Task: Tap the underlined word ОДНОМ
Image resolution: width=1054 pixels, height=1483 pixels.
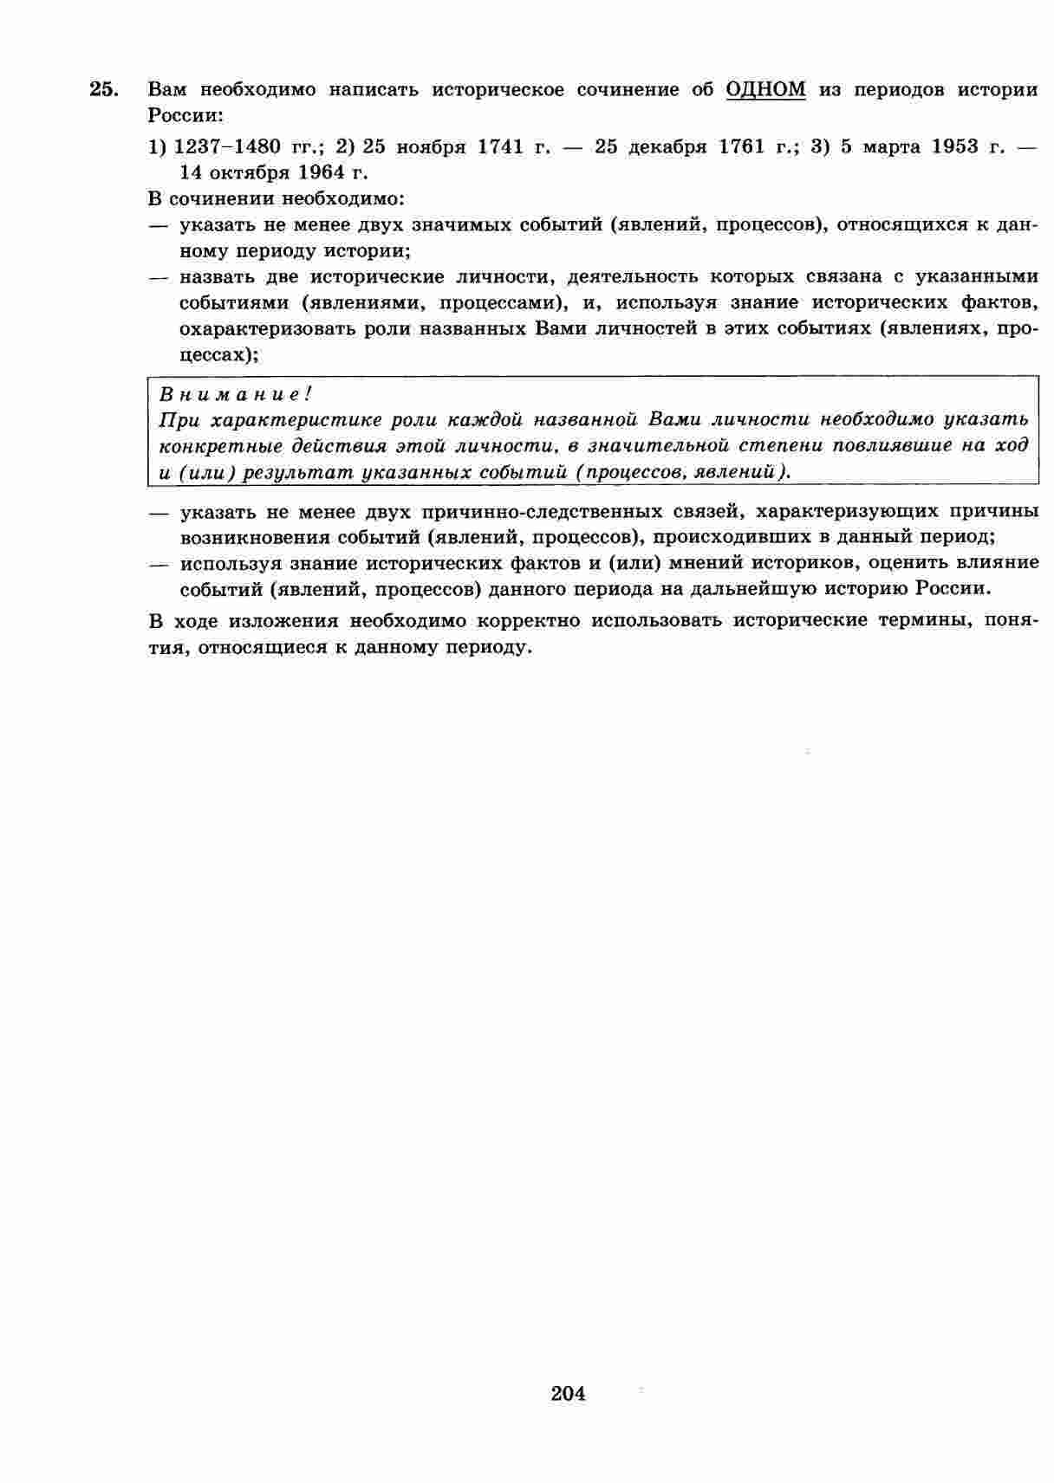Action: click(765, 89)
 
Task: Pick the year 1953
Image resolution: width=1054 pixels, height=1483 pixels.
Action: click(954, 146)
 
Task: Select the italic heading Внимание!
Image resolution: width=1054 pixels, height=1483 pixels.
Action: click(235, 394)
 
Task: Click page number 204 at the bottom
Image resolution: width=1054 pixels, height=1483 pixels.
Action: click(568, 1393)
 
